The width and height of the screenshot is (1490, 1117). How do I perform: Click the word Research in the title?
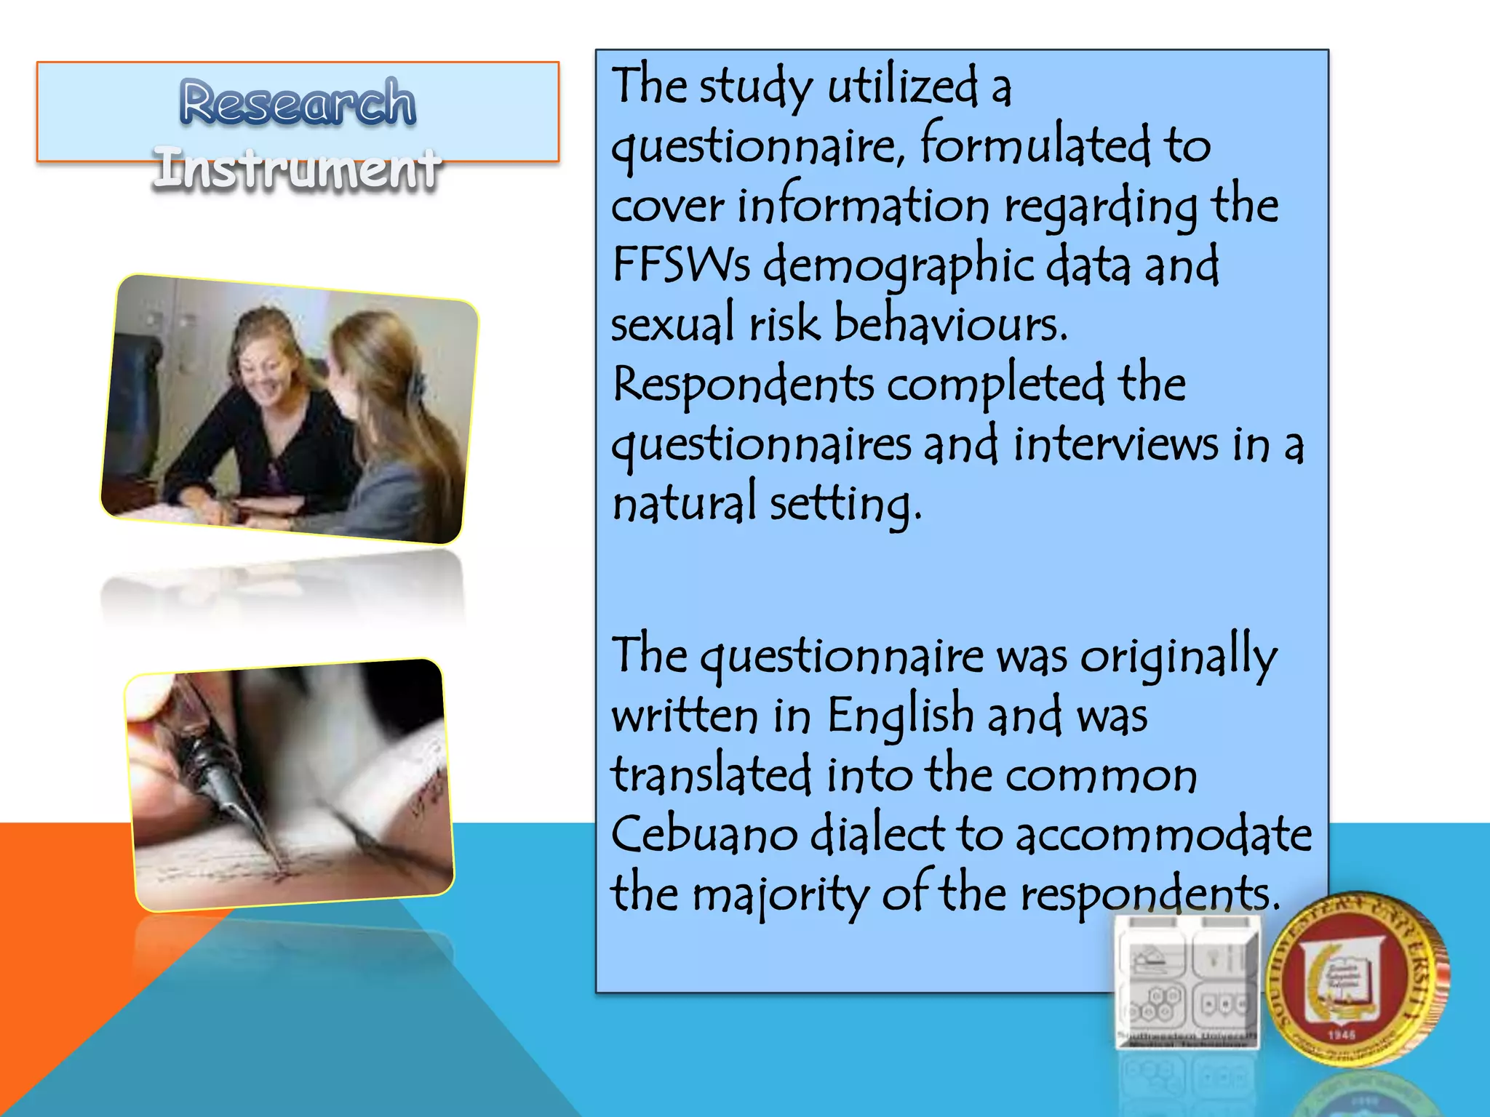[298, 103]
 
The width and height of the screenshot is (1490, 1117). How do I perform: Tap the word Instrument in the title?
[297, 169]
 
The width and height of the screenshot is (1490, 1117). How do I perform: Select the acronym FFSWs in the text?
[680, 265]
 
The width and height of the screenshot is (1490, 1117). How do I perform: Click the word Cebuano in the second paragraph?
[703, 834]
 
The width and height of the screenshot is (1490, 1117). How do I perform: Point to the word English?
[900, 716]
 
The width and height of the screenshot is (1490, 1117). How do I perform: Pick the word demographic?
[899, 266]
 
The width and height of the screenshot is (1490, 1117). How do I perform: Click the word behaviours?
[950, 324]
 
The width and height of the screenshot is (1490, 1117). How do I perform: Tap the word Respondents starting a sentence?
[742, 385]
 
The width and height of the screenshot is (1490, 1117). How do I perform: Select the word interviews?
[1115, 444]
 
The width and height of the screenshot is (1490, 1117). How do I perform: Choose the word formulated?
[1035, 145]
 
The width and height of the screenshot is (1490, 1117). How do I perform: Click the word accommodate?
[1163, 834]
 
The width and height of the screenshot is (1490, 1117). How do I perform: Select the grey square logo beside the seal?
[1187, 982]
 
